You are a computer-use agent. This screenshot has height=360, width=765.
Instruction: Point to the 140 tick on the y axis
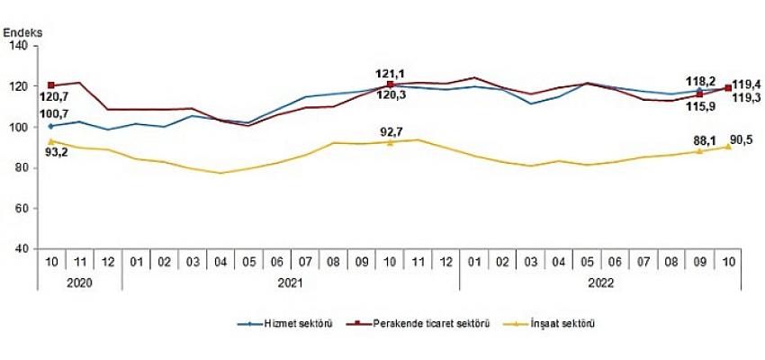[21, 46]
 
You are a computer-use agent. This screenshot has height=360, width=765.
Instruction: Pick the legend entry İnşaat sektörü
[565, 323]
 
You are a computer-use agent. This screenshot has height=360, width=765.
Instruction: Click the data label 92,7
[391, 131]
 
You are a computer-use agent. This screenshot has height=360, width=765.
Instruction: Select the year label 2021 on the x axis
[290, 280]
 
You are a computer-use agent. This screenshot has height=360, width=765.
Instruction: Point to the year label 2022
[599, 280]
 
